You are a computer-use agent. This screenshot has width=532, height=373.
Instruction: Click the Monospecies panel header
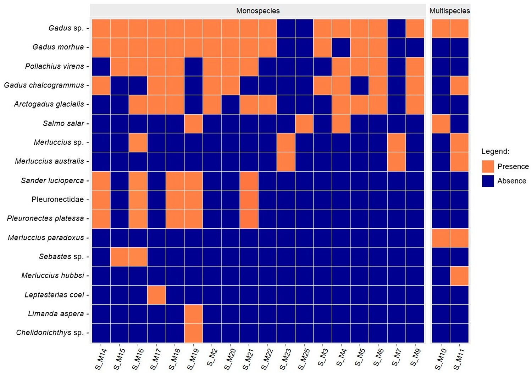tap(258, 11)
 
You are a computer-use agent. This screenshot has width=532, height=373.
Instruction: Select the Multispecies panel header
tap(449, 11)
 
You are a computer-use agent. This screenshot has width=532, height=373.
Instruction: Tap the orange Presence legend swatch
tap(488, 166)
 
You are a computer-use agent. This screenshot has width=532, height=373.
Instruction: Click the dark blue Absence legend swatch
tap(488, 181)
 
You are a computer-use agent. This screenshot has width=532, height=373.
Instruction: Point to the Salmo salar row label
tap(63, 123)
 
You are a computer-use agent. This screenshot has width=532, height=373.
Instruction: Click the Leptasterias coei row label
tap(54, 295)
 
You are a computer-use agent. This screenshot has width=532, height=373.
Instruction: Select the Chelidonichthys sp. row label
tap(50, 333)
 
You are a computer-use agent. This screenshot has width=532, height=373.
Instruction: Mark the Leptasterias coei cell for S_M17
tap(156, 295)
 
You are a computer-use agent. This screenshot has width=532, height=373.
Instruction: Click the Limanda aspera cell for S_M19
tap(193, 314)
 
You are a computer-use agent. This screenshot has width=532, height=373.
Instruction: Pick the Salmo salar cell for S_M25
tap(304, 123)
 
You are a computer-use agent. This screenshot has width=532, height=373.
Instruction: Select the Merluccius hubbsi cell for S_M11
tap(459, 275)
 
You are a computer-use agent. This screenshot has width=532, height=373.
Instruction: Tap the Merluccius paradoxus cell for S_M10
tap(441, 238)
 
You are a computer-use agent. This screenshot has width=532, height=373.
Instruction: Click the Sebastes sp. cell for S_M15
tap(120, 256)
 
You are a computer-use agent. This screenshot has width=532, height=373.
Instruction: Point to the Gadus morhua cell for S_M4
tap(341, 47)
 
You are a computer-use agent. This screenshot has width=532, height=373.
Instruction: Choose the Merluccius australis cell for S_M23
tap(286, 161)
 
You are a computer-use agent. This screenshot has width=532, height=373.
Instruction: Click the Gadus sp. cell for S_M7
tap(397, 28)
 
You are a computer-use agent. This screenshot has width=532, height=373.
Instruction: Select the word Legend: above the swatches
tap(495, 151)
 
